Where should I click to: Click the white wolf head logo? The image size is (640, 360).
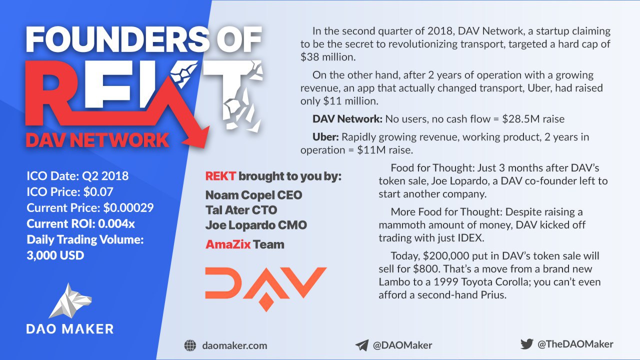click(x=70, y=301)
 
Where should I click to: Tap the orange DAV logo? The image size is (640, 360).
click(x=265, y=289)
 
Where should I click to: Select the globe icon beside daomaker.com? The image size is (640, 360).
click(x=190, y=345)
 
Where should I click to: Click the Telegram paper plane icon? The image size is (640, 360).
click(x=362, y=345)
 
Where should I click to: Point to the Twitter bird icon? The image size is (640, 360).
click(x=526, y=343)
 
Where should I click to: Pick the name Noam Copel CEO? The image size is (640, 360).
click(x=253, y=195)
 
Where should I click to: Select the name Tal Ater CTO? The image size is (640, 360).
click(x=241, y=210)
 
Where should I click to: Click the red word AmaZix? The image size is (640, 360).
click(x=228, y=244)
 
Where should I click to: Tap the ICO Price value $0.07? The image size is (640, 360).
click(x=98, y=191)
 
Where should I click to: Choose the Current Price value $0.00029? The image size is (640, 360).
click(x=128, y=207)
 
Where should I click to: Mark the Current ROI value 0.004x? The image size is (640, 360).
click(x=116, y=223)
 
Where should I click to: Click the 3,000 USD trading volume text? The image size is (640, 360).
click(x=55, y=255)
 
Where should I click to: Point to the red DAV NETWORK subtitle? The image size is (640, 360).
click(x=97, y=140)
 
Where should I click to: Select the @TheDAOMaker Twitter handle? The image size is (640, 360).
click(x=575, y=344)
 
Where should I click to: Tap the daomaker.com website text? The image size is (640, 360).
click(x=234, y=345)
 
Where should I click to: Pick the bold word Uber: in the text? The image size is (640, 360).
click(x=325, y=137)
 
